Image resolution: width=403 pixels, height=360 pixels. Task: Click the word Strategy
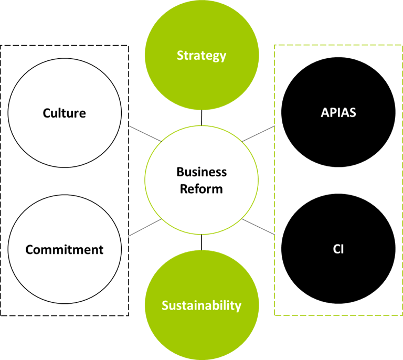201,55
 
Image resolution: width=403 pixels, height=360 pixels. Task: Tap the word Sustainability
201,305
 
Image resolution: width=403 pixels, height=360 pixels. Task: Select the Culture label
65,113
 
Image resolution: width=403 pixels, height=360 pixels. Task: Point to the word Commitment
65,249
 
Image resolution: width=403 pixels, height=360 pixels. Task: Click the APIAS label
338,113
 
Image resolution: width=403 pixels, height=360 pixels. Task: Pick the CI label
338,249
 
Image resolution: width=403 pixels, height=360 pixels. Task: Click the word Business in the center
201,172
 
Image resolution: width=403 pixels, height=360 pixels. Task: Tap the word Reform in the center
201,189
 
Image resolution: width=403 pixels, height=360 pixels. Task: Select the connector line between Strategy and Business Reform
201,118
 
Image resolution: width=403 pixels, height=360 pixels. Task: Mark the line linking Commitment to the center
144,227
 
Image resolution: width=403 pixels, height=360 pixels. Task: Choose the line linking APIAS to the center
258,133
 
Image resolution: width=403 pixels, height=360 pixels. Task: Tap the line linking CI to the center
259,227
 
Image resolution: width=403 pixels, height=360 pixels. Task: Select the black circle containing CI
338,273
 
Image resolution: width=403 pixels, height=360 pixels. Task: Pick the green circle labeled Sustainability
201,331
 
